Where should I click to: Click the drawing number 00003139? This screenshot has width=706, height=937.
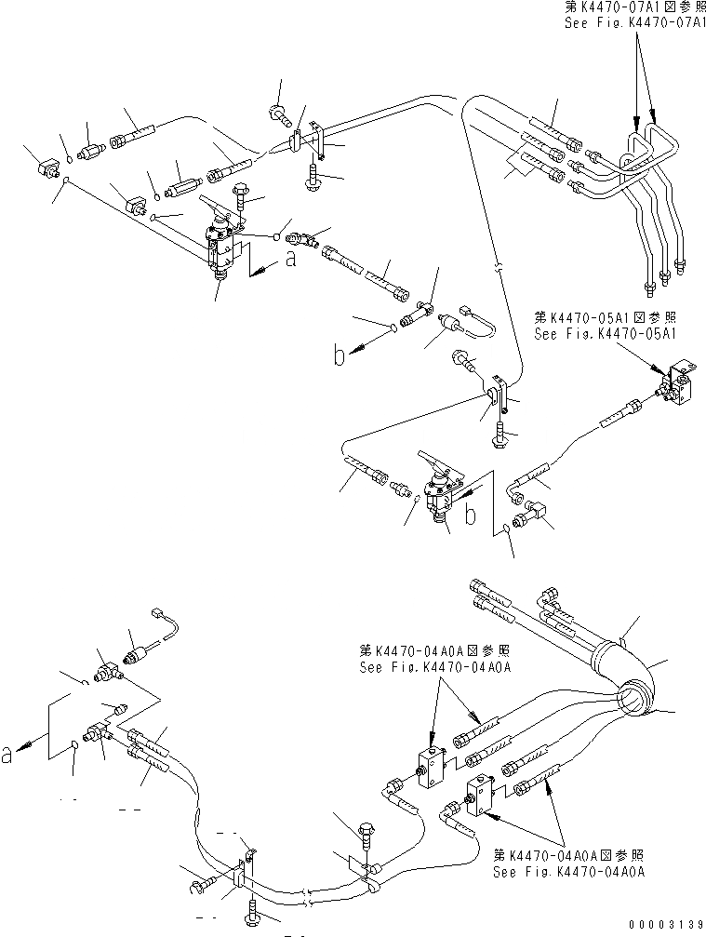click(661, 924)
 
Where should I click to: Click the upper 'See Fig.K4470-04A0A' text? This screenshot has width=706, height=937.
click(424, 666)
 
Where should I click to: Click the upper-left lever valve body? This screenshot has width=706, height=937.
click(222, 245)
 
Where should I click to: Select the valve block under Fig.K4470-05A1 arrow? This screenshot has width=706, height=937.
click(679, 386)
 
